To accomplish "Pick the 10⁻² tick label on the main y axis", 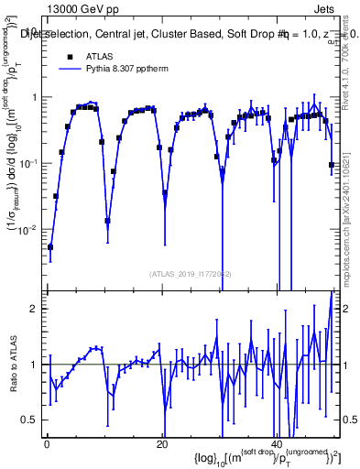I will coord(28,229).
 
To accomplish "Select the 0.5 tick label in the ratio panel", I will coord(28,420).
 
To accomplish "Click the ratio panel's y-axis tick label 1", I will coord(33,365).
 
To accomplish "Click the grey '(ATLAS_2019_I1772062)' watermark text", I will coord(191,273).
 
